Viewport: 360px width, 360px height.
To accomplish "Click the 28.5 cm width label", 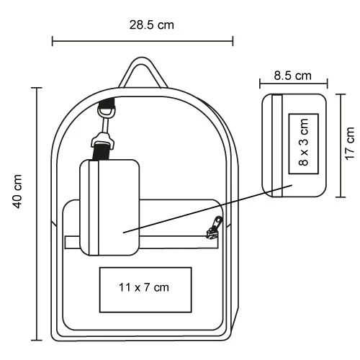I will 152,24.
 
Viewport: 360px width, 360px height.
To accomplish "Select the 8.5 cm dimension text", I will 293,75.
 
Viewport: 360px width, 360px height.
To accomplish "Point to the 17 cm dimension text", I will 350,144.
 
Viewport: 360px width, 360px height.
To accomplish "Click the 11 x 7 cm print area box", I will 145,289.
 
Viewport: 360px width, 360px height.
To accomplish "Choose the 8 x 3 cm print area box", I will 303,143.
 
